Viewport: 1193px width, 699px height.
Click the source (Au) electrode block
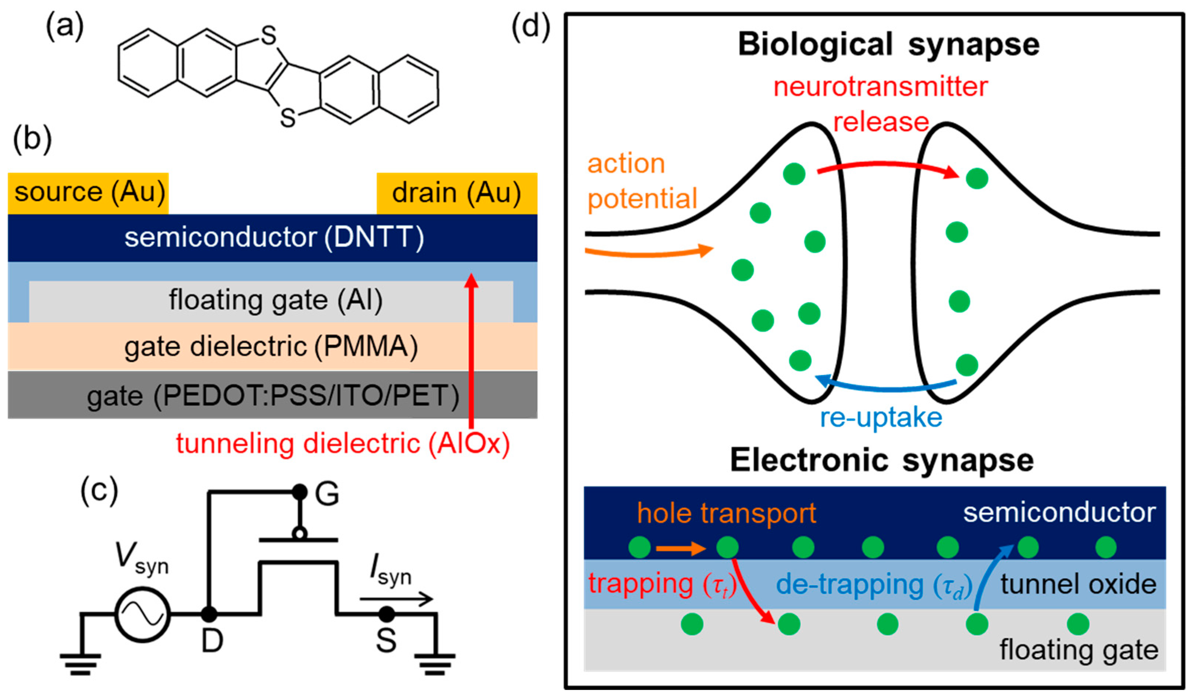[x=88, y=193]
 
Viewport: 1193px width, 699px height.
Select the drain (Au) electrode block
[x=457, y=193]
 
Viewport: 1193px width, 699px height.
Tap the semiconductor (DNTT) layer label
[x=274, y=237]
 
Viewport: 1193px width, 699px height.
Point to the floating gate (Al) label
[x=276, y=300]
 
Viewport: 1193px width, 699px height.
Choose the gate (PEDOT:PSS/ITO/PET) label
[x=273, y=396]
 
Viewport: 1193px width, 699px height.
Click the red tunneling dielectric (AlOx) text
[x=343, y=444]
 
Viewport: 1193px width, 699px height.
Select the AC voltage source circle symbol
[x=142, y=615]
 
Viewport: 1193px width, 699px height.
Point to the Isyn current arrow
[x=397, y=599]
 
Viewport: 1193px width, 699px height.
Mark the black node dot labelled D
[x=209, y=615]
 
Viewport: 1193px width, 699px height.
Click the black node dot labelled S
[x=387, y=615]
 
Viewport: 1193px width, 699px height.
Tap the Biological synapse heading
[x=888, y=45]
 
